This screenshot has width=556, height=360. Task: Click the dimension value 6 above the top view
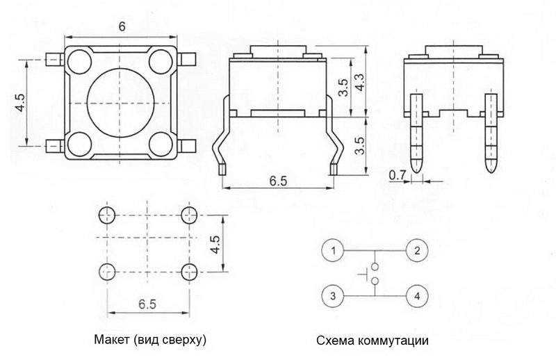click(x=122, y=26)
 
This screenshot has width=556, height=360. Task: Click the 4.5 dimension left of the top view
click(x=20, y=103)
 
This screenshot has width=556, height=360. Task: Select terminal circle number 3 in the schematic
click(x=334, y=297)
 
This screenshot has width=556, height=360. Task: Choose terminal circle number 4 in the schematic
click(x=416, y=297)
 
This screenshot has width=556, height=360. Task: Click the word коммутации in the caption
click(x=390, y=341)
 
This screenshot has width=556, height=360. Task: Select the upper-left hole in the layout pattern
click(x=106, y=214)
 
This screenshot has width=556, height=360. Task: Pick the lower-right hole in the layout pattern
click(x=187, y=270)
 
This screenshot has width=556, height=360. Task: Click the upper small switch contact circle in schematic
click(x=375, y=266)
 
